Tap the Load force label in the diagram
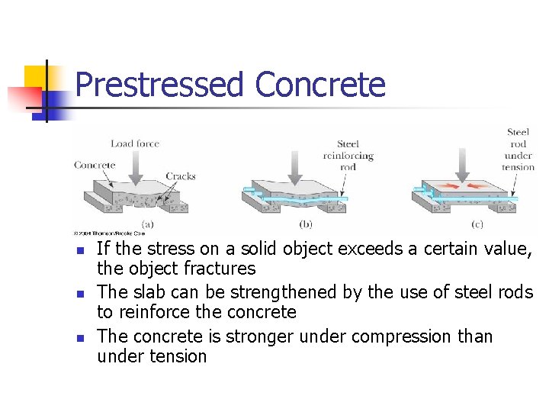pos(134,143)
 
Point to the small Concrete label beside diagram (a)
pos(95,164)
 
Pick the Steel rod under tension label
pos(518,150)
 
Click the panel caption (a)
pos(147,224)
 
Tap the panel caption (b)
pos(305,224)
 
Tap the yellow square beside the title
pos(36,78)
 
